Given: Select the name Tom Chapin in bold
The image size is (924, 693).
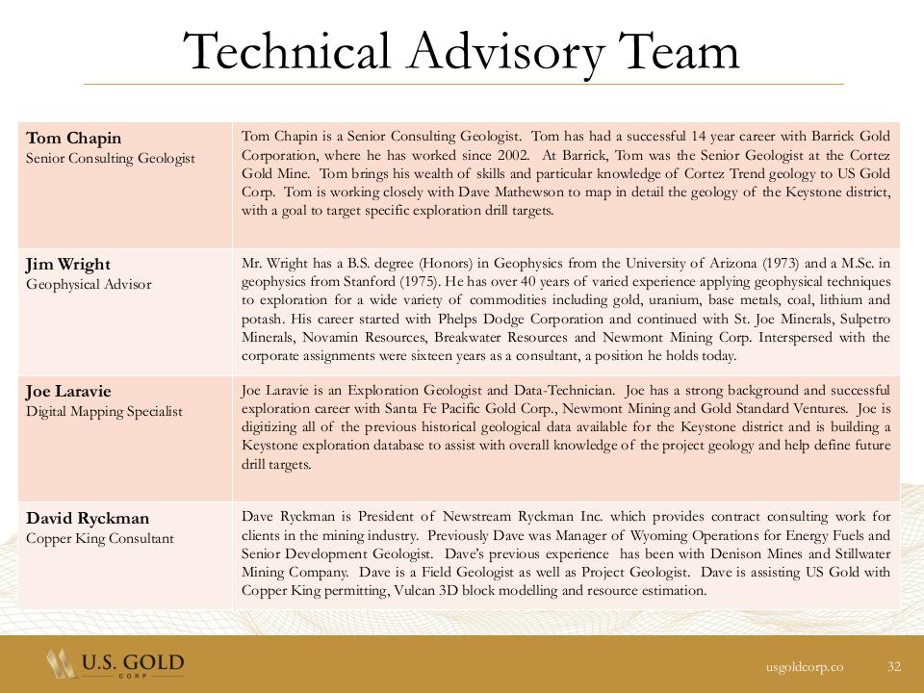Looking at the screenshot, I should tap(73, 138).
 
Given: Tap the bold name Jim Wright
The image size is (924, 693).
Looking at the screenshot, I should tap(68, 265).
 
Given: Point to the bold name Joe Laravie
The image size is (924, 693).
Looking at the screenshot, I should tap(68, 392).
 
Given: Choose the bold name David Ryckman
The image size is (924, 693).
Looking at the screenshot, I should tap(88, 519).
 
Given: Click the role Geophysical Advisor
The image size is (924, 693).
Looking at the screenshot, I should tap(89, 284).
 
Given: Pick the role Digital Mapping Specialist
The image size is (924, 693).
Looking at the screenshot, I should tap(104, 411).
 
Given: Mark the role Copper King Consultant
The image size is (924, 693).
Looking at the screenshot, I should tap(100, 538).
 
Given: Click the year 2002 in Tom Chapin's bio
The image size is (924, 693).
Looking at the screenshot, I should tap(511, 155).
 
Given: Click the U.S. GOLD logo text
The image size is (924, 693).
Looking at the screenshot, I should tap(133, 663).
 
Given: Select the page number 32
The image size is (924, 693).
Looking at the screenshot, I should tap(894, 666).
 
